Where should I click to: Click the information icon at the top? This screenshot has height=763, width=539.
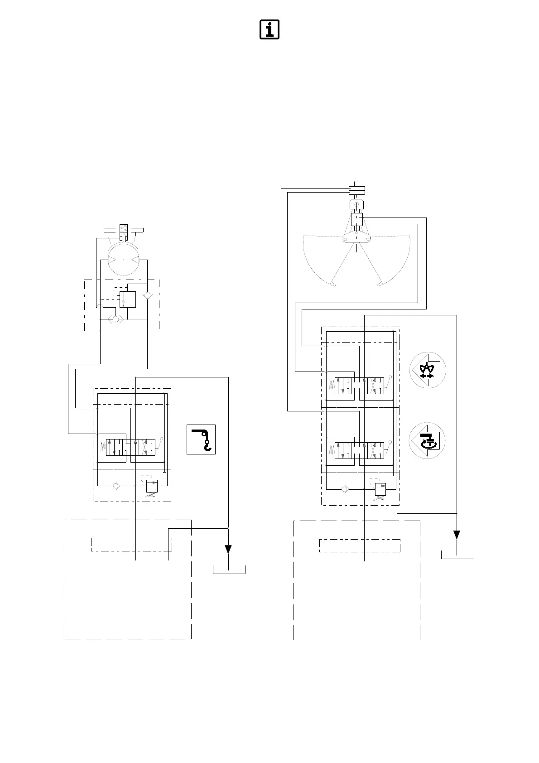(269, 29)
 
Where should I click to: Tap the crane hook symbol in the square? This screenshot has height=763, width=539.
(201, 439)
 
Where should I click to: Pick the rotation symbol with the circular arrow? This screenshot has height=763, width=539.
(427, 440)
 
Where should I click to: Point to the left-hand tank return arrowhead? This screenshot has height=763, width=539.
(228, 549)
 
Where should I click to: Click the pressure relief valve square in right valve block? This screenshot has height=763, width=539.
(380, 489)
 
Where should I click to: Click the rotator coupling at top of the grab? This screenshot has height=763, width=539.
(357, 189)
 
